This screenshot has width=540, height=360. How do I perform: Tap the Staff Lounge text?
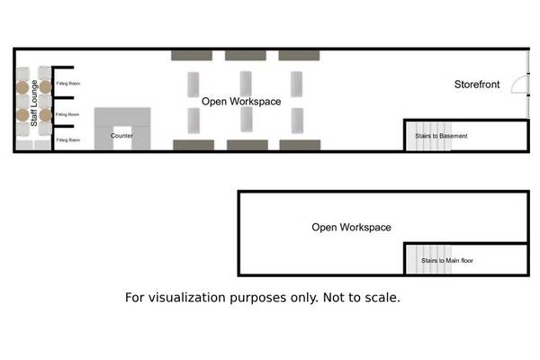pyautogui.click(x=33, y=106)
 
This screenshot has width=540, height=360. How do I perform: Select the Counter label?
pyautogui.click(x=121, y=136)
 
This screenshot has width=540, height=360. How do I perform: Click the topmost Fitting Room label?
pyautogui.click(x=68, y=84)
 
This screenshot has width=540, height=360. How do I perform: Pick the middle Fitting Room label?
pyautogui.click(x=68, y=115)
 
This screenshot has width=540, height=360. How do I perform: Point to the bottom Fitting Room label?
pyautogui.click(x=68, y=140)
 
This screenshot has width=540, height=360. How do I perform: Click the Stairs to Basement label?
pyautogui.click(x=440, y=136)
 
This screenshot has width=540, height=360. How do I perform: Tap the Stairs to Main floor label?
pyautogui.click(x=447, y=260)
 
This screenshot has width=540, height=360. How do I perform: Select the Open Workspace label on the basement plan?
pyautogui.click(x=351, y=228)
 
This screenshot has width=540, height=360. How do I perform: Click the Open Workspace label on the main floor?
pyautogui.click(x=241, y=102)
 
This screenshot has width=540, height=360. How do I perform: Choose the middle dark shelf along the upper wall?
pyautogui.click(x=246, y=55)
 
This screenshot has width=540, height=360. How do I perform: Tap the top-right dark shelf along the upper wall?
pyautogui.click(x=300, y=55)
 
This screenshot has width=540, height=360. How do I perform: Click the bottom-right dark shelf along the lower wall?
pyautogui.click(x=300, y=144)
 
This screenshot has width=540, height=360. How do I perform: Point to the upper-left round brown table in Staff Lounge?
pyautogui.click(x=22, y=87)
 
